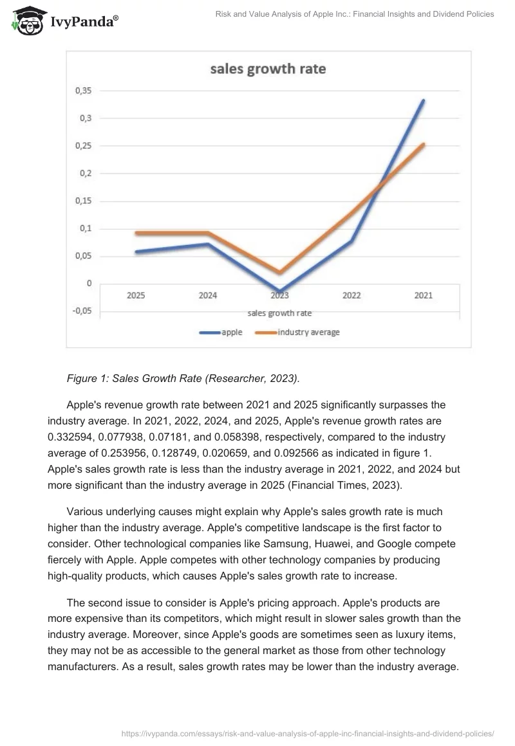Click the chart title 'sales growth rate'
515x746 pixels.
tap(268, 69)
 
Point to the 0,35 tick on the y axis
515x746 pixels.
tap(84, 91)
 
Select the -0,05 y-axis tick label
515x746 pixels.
tap(82, 311)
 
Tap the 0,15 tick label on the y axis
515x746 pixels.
tap(84, 201)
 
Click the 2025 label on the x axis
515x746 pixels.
tap(136, 296)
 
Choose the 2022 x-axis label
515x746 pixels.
tap(351, 296)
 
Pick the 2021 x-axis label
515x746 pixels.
tap(423, 296)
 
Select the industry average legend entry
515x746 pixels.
tap(308, 332)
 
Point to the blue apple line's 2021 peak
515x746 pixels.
tap(423, 100)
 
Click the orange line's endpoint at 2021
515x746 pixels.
tap(423, 144)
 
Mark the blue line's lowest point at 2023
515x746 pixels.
tap(279, 291)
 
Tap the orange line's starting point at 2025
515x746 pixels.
tap(136, 233)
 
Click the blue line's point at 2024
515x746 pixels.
tap(208, 244)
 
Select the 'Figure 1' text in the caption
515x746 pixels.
tap(86, 379)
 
